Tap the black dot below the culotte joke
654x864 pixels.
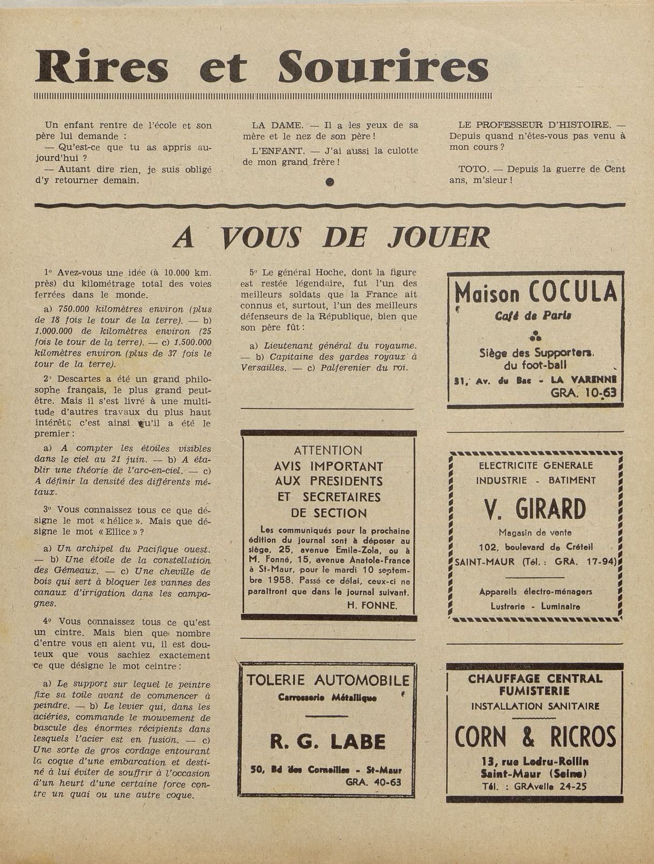pos(329,182)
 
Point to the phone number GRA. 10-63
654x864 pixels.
pos(583,393)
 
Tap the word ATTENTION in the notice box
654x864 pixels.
pos(328,450)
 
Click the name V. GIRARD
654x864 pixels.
pos(535,509)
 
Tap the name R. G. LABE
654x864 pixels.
pos(327,742)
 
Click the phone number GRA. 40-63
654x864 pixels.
pos(373,782)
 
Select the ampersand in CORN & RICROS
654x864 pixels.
pos(529,737)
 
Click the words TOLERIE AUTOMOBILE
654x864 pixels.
pos(327,681)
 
